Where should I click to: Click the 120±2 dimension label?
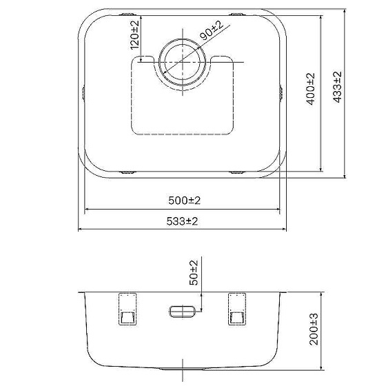pyautogui.click(x=134, y=35)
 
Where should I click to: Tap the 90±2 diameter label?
pyautogui.click(x=212, y=30)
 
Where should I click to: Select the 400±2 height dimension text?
pyautogui.click(x=310, y=89)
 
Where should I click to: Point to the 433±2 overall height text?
pyautogui.click(x=337, y=87)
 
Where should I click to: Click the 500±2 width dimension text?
pyautogui.click(x=185, y=201)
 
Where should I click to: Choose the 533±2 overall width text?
pyautogui.click(x=182, y=221)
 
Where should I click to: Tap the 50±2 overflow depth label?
pyautogui.click(x=194, y=273)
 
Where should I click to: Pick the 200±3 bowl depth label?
pyautogui.click(x=314, y=329)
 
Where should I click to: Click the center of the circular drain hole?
pyautogui.click(x=183, y=62)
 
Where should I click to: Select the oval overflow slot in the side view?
pyautogui.click(x=183, y=312)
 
